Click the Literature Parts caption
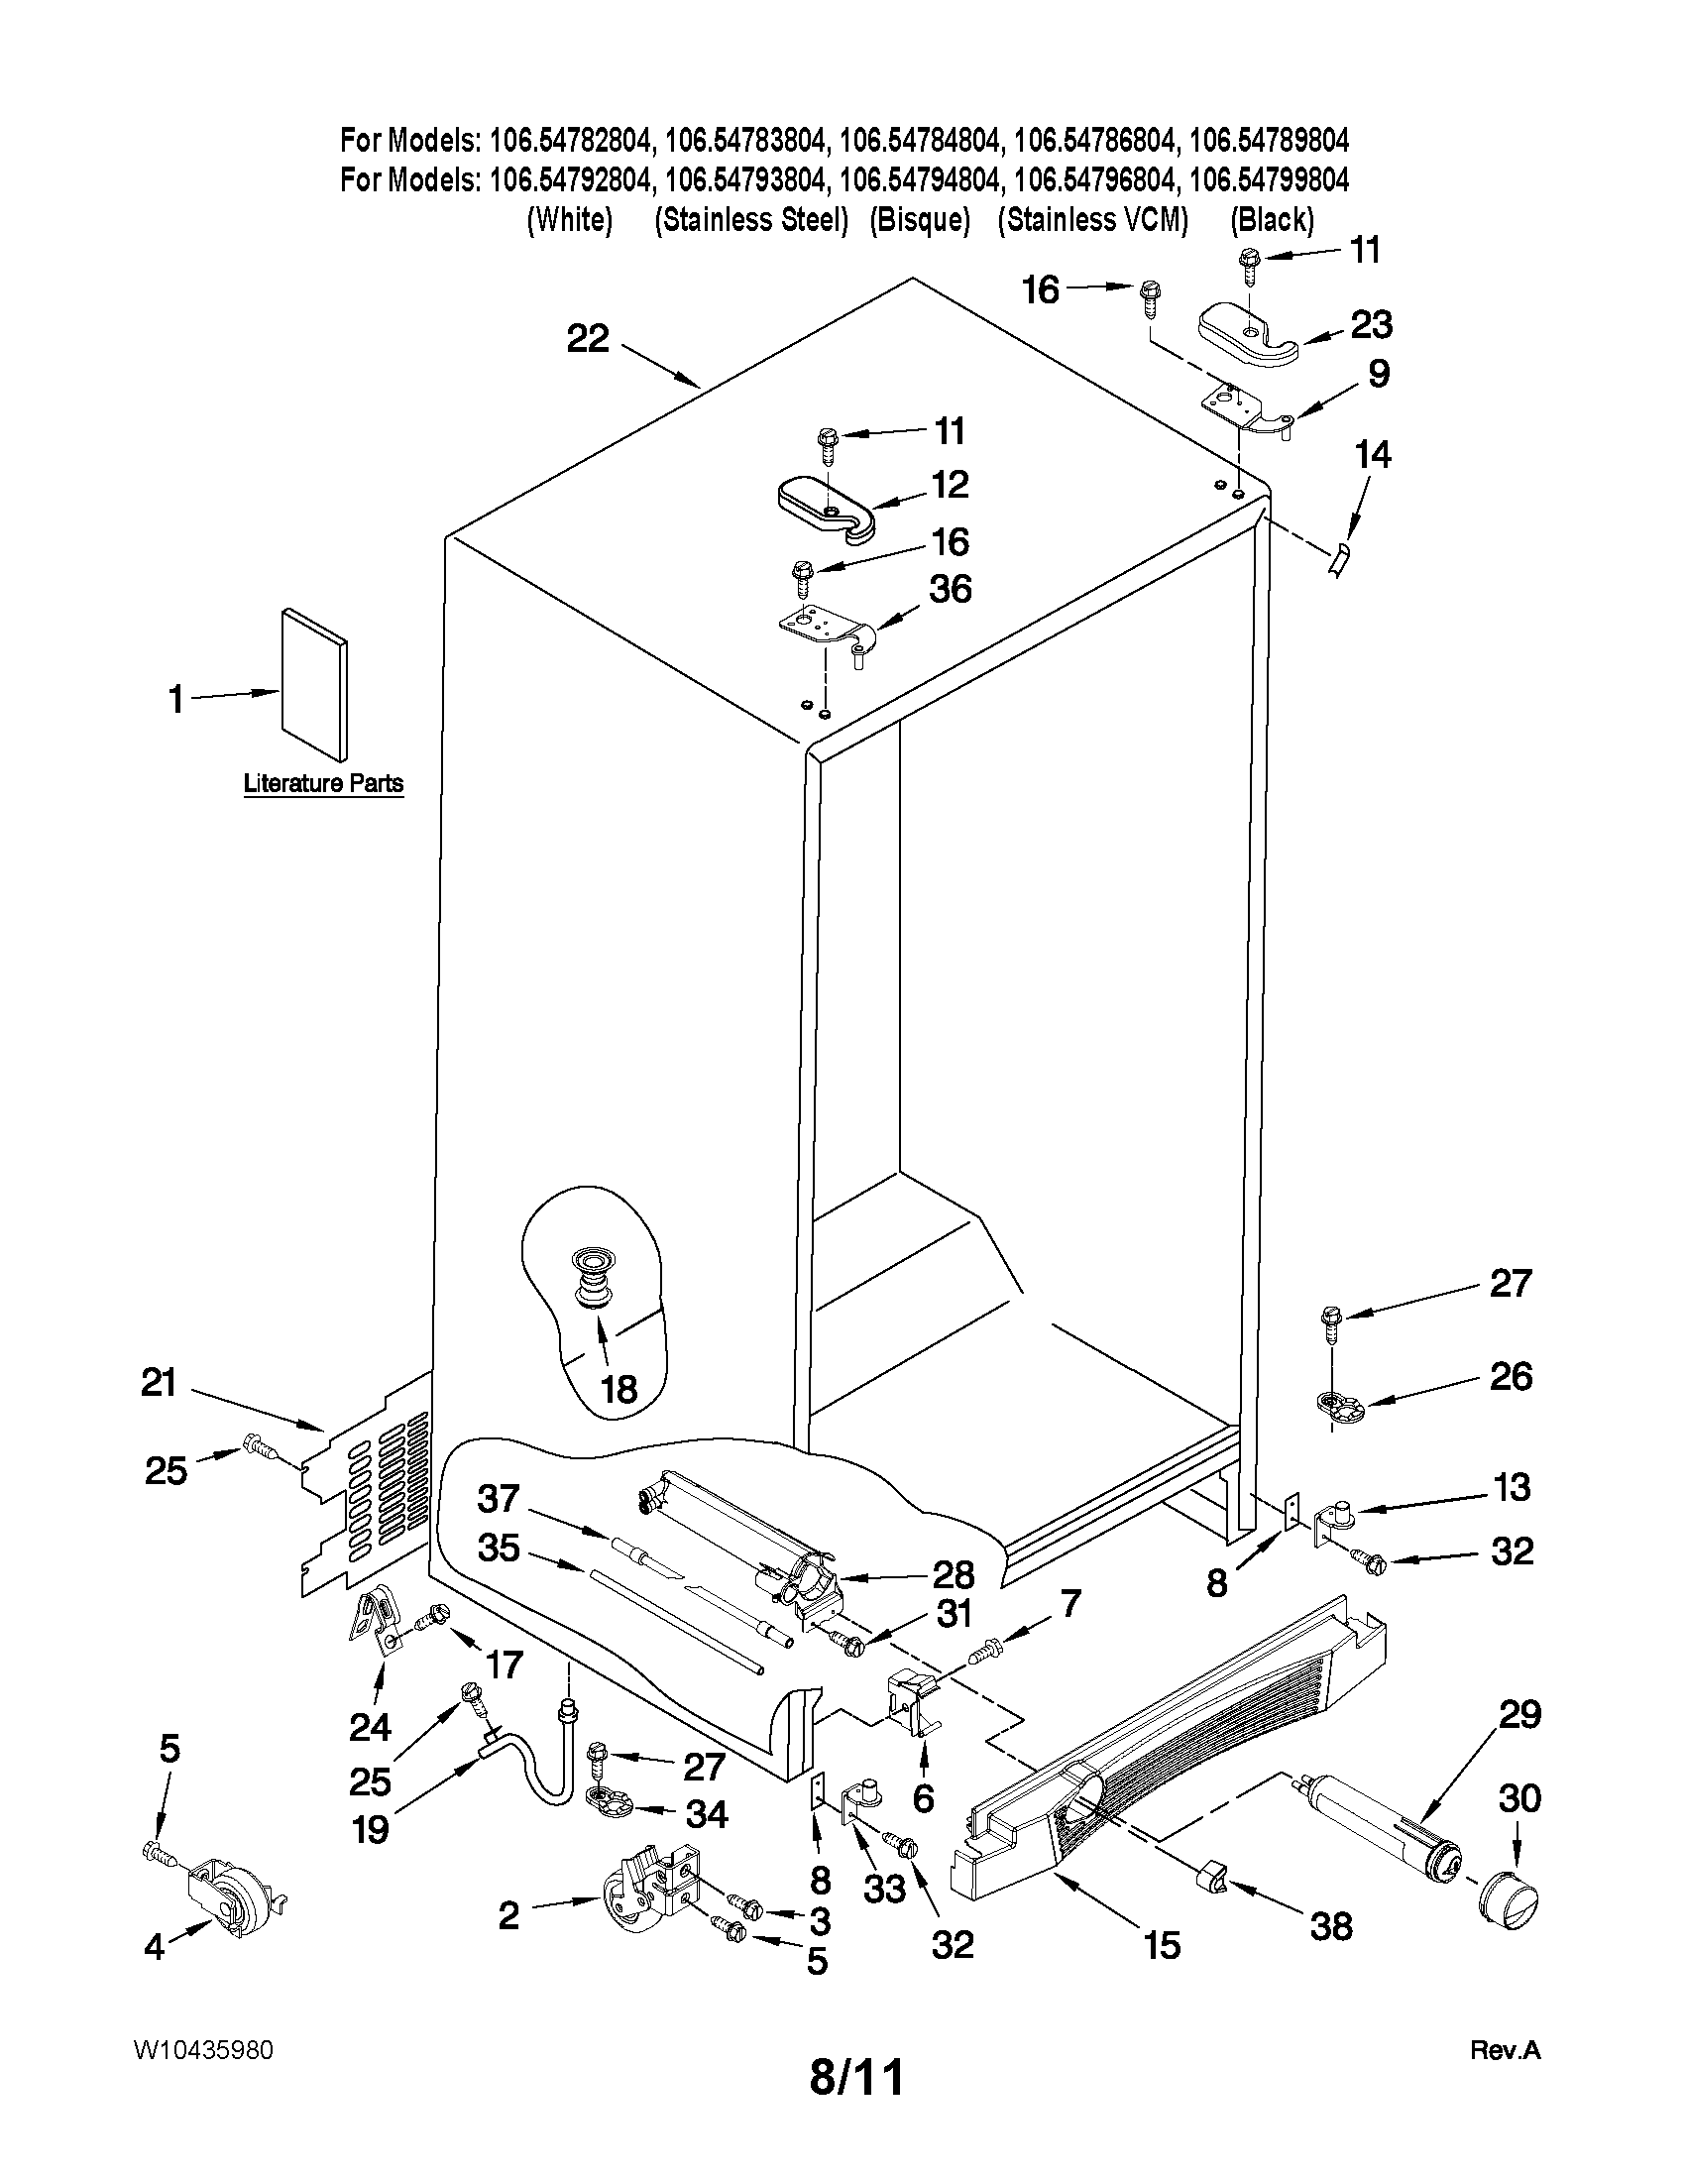[x=323, y=783]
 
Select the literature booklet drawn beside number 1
[x=315, y=684]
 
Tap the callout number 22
[x=588, y=339]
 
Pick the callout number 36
[x=950, y=589]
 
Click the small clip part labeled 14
[x=1338, y=560]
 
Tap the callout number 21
[x=159, y=1383]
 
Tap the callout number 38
[x=1331, y=1925]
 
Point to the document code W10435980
[x=203, y=2050]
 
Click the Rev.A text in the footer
[x=1506, y=2051]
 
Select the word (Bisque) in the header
[x=920, y=220]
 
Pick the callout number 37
[x=498, y=1499]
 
